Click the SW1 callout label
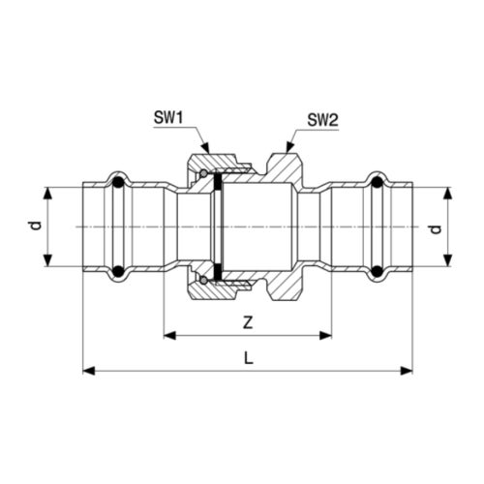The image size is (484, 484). click(168, 118)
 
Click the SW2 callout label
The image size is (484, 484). click(322, 120)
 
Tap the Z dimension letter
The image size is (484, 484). click(248, 322)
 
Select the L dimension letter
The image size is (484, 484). click(248, 358)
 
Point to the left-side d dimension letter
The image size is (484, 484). click(37, 226)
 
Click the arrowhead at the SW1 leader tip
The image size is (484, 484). click(206, 148)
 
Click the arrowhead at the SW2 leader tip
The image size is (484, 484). click(289, 147)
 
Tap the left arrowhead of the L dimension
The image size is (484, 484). click(89, 371)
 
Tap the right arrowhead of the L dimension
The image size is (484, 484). click(407, 371)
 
